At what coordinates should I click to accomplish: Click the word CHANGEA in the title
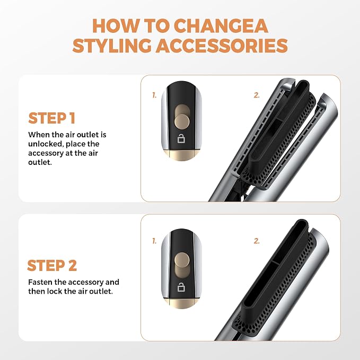point(221,25)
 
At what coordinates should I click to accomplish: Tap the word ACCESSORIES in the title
point(222,45)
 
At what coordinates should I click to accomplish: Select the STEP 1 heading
point(52,118)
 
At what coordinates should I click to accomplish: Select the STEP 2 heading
point(52,266)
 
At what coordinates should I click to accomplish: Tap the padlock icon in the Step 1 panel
point(181,139)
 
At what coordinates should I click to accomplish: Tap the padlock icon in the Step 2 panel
point(181,287)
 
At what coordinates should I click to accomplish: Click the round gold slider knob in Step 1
point(182,121)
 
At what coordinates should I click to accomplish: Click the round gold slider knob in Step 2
point(182,260)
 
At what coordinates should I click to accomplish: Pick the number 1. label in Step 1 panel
point(154,95)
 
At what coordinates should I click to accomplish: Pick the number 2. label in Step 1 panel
point(257,95)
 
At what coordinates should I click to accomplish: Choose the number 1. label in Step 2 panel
point(154,241)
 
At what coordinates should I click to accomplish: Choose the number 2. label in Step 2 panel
point(257,241)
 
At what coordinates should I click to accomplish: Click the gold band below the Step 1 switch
point(181,155)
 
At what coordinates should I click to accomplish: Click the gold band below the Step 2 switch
point(181,303)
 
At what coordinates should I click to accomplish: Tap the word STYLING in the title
point(112,45)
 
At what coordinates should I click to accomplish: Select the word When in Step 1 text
point(38,135)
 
